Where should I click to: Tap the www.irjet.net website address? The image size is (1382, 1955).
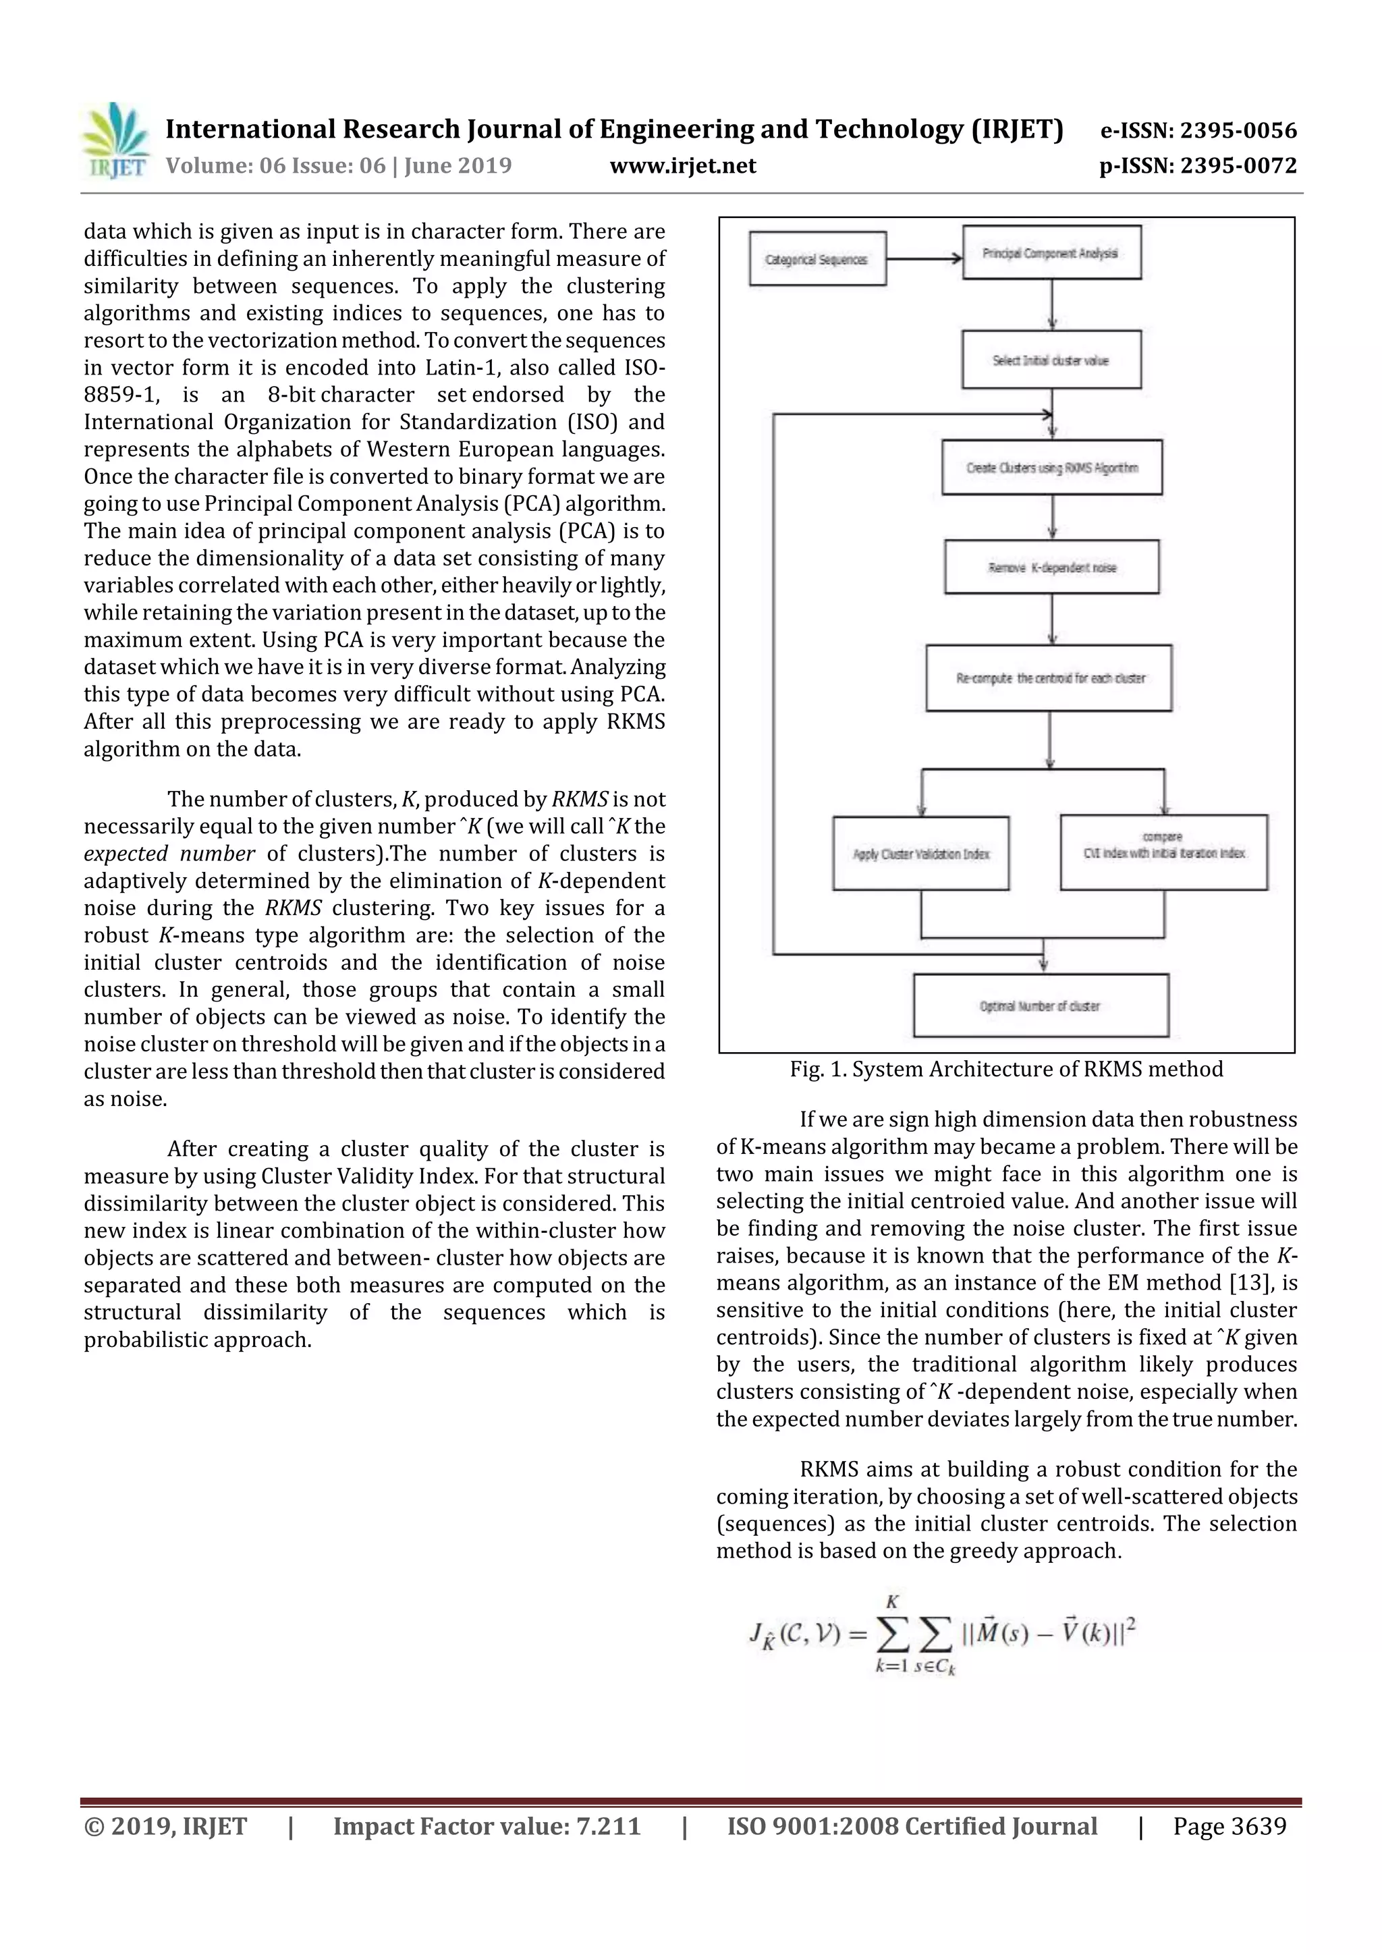pos(683,165)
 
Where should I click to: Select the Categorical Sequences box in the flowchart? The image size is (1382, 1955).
pos(817,259)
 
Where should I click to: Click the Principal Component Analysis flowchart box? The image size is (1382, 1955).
pos(1051,253)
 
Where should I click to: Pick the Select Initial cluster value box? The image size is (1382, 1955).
pos(1051,360)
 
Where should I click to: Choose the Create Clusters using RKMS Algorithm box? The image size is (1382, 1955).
pos(1051,468)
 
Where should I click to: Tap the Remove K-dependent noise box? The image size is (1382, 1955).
pos(1051,567)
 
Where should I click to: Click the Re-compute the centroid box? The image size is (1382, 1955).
pos(1048,678)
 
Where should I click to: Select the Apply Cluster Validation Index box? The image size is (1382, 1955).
pos(920,853)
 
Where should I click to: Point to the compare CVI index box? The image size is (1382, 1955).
pos(1163,852)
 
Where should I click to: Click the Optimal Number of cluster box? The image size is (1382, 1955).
pos(1040,1006)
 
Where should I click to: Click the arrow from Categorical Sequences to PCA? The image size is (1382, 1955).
pos(924,259)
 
